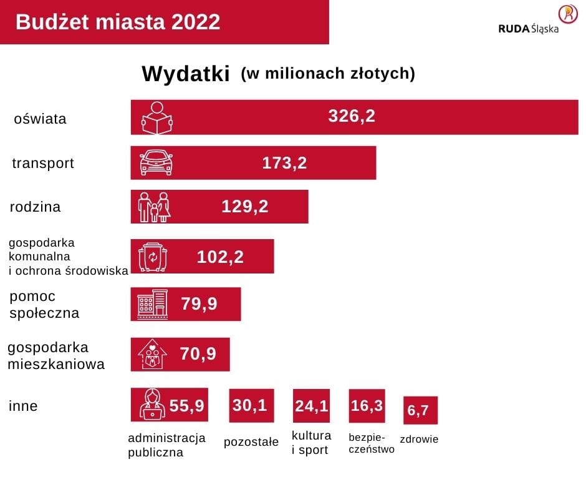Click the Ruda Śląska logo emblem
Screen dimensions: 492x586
click(568, 14)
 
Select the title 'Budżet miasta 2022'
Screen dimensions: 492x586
click(118, 22)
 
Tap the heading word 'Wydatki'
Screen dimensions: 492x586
click(186, 74)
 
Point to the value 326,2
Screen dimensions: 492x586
click(352, 116)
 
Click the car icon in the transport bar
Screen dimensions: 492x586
click(156, 162)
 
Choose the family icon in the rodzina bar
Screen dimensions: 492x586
click(154, 207)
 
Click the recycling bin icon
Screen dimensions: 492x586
click(153, 257)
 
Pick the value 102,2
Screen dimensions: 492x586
click(220, 257)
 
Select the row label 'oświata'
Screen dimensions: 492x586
click(40, 119)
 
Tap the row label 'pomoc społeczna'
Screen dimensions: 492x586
click(44, 304)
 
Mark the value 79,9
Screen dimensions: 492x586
click(199, 304)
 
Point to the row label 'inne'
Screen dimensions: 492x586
click(24, 406)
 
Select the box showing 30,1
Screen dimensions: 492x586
click(251, 406)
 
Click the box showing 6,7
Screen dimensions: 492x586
click(420, 410)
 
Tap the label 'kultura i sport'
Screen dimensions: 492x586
click(312, 442)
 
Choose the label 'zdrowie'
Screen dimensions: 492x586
click(419, 439)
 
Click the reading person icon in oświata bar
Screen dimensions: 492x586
click(156, 117)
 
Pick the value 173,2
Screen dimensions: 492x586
click(284, 163)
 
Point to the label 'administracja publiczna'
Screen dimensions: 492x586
click(166, 445)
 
